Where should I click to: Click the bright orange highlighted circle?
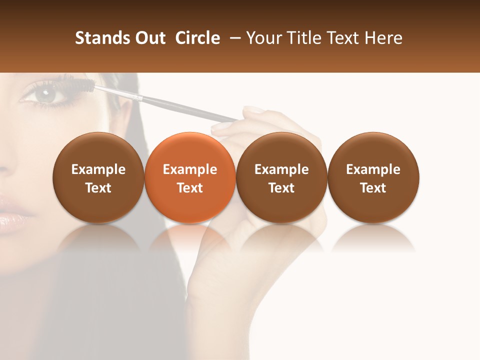click(x=190, y=178)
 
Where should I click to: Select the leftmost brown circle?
click(x=98, y=178)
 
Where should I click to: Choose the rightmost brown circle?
click(x=373, y=178)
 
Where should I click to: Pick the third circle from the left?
click(x=281, y=178)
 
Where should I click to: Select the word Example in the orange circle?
click(x=190, y=169)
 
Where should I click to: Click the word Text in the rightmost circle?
click(x=373, y=188)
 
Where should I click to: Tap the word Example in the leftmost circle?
click(x=98, y=169)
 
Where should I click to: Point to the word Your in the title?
click(x=263, y=38)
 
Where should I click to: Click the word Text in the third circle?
click(x=281, y=188)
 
